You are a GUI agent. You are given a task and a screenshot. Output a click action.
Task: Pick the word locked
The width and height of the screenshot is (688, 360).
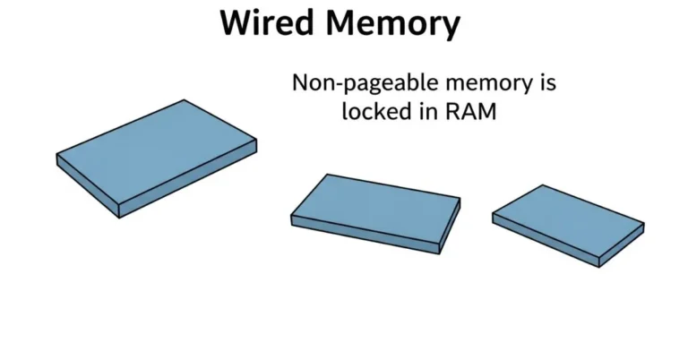click(x=373, y=112)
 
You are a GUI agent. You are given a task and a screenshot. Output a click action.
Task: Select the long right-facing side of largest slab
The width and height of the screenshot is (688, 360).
click(x=189, y=179)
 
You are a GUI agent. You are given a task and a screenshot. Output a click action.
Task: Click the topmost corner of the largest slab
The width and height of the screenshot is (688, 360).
click(x=185, y=100)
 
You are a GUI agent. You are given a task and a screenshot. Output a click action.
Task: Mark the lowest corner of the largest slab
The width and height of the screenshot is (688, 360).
click(x=120, y=217)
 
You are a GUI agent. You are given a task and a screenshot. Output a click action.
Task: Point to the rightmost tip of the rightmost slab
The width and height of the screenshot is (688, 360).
click(x=643, y=224)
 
